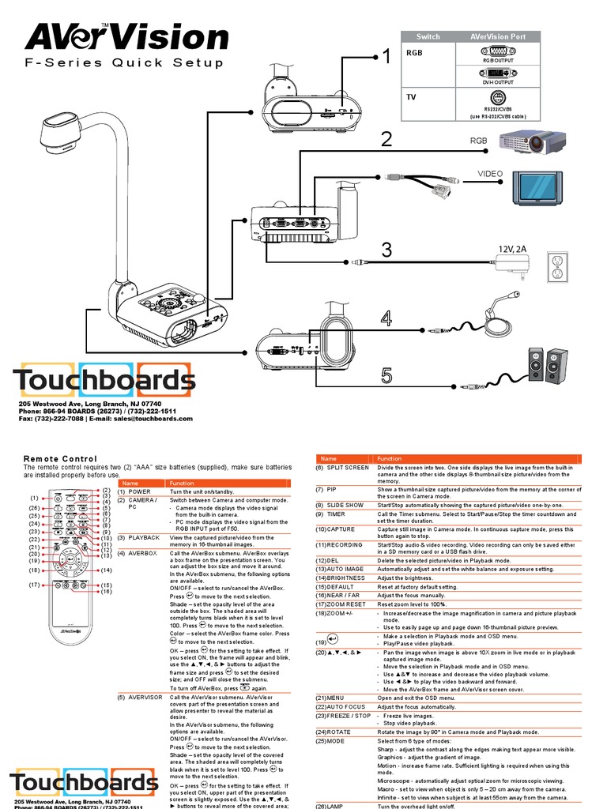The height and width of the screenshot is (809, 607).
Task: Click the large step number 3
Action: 386,251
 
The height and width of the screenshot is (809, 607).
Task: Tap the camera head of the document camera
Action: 62,131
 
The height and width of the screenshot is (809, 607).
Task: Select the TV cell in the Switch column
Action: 411,96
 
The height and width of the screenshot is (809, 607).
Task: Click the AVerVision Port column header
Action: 498,36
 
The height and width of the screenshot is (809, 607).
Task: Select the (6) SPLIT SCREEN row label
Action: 342,468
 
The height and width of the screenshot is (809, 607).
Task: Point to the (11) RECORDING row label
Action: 341,544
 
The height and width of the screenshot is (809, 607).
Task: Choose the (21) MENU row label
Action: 333,698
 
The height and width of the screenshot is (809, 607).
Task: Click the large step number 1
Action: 386,56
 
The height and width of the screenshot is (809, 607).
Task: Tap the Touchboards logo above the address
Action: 104,381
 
